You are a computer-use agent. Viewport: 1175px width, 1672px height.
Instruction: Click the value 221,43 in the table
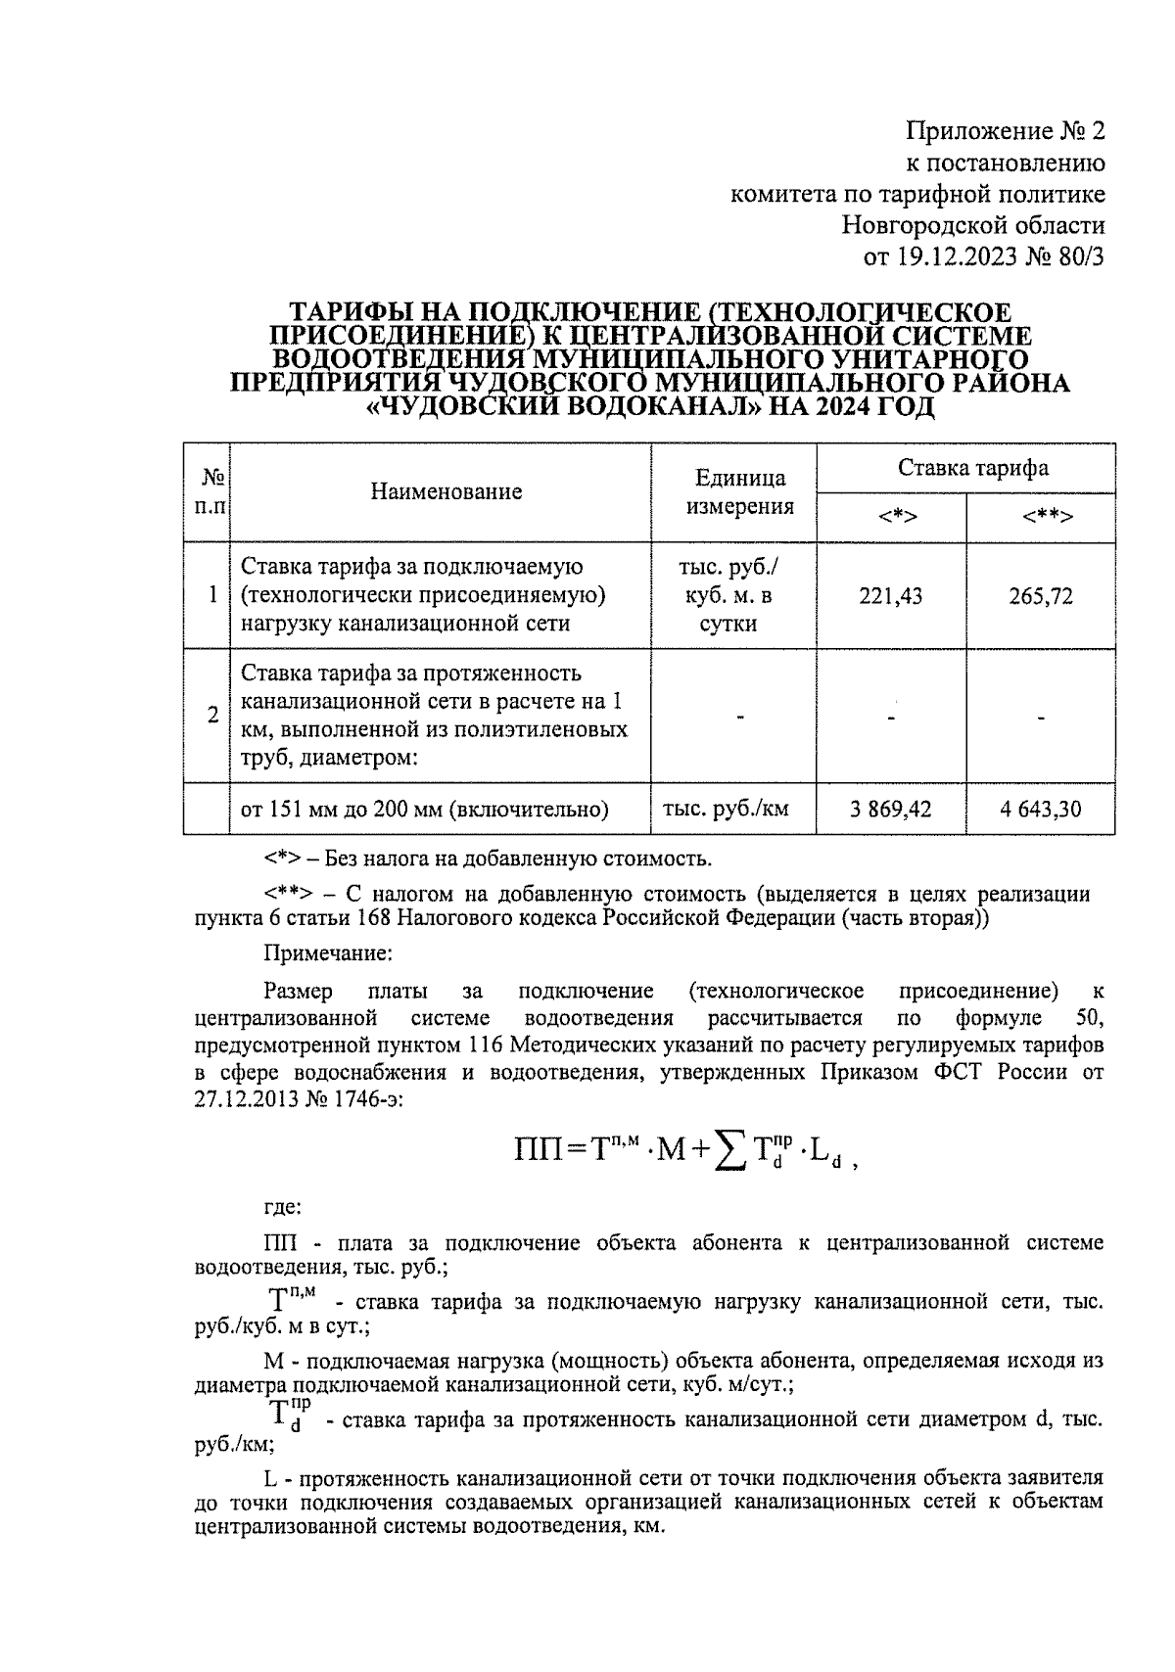[x=891, y=596]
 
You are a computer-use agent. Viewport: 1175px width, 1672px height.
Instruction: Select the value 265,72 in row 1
[x=1040, y=596]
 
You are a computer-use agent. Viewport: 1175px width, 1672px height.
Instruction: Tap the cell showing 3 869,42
[x=891, y=810]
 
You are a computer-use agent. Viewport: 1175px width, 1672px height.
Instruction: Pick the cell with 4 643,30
[x=1040, y=810]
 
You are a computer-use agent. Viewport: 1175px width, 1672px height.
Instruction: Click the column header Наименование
[x=446, y=491]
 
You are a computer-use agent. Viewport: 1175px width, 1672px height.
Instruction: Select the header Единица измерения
[x=739, y=491]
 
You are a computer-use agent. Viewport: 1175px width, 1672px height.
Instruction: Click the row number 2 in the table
[x=212, y=716]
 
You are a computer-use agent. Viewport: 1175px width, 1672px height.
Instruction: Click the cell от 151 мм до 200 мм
[x=425, y=810]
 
